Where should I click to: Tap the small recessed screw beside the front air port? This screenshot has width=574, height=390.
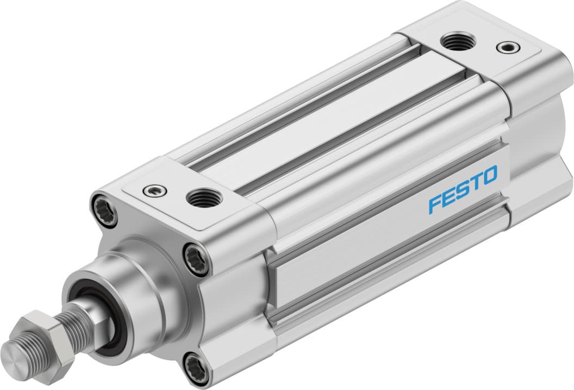(152, 190)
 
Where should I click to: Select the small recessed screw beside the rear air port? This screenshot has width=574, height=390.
(506, 47)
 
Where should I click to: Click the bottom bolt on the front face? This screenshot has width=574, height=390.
(198, 369)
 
